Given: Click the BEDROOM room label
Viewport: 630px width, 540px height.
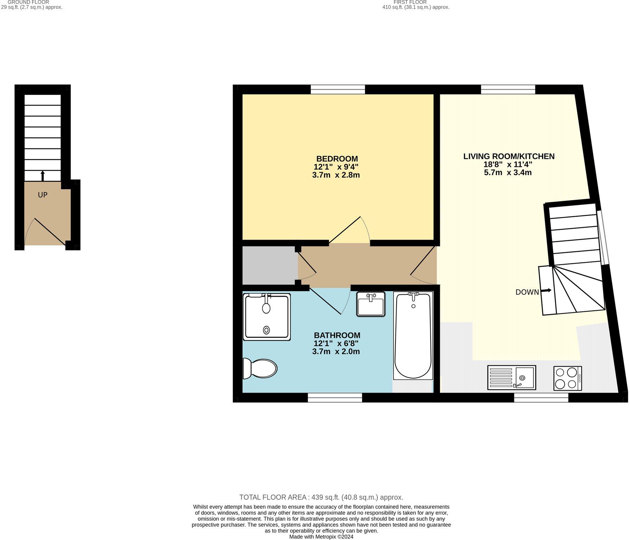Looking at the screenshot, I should click(337, 159).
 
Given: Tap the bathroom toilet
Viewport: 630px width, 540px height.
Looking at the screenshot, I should click(261, 368).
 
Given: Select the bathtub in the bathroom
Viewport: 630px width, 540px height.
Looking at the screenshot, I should click(413, 336).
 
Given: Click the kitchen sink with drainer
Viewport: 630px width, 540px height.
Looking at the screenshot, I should click(512, 378).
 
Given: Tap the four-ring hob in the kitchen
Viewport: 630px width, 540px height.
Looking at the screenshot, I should click(567, 378).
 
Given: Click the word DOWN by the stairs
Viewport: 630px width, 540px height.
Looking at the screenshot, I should click(527, 292).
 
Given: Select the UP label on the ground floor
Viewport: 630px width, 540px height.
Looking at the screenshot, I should click(43, 195).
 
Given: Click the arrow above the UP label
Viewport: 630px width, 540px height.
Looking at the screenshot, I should click(43, 175).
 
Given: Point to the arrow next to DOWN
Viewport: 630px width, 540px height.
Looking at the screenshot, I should click(546, 291).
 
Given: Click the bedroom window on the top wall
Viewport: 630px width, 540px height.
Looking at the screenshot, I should click(337, 90).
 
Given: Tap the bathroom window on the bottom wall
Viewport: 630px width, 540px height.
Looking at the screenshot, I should click(335, 398).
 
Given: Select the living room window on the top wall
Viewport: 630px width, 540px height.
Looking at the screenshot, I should click(508, 90).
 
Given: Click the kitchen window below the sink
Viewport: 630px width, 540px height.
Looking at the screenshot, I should click(541, 398).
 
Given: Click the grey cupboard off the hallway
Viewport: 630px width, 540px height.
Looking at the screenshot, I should click(269, 265).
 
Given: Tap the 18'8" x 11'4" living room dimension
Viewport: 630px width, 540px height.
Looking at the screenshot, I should click(508, 164).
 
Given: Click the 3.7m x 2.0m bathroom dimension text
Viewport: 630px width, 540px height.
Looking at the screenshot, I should click(336, 352).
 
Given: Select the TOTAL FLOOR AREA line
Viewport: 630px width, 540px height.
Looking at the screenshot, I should click(321, 497).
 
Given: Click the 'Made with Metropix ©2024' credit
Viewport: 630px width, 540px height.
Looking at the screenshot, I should click(321, 537).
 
